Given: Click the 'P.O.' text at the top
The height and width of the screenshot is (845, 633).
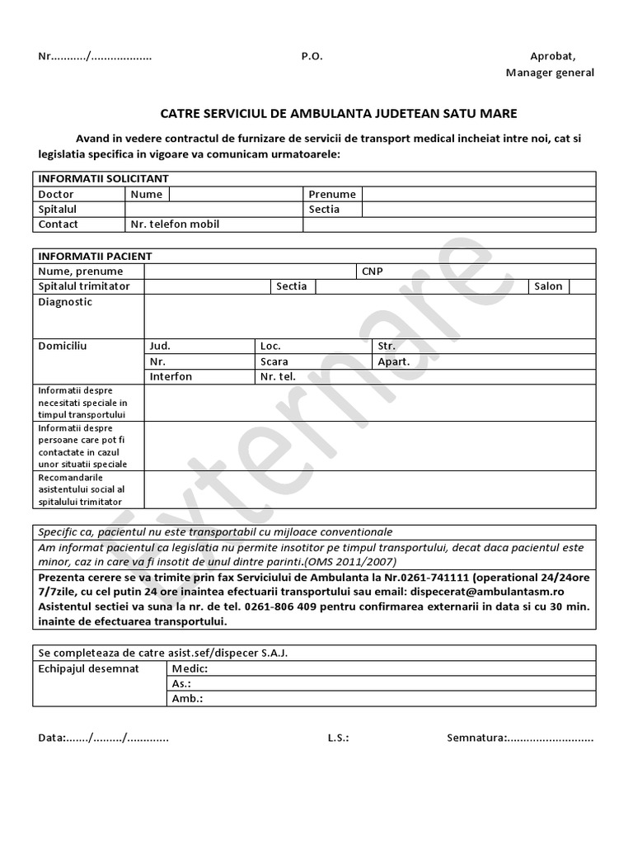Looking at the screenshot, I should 312,56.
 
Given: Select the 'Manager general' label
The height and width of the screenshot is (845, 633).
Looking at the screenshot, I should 550,72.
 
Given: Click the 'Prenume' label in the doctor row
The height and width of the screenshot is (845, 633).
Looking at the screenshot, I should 332,194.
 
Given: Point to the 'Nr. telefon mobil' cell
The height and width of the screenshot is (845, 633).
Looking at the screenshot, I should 175,224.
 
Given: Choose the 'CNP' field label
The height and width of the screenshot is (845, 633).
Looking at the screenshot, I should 373,271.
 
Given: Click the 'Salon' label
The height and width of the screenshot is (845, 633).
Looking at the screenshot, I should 548,286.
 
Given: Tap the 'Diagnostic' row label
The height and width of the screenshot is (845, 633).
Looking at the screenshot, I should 65,302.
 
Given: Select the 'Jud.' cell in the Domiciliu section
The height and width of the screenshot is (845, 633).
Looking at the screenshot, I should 160,346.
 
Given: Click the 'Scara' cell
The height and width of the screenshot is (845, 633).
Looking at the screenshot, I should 274,361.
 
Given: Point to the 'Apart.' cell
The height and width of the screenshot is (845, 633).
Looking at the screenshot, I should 393,361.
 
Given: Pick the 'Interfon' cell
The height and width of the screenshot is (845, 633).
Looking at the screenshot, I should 171,376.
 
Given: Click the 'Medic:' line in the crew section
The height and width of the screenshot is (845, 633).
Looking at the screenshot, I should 190,668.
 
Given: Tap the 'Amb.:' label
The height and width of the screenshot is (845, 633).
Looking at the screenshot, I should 187,699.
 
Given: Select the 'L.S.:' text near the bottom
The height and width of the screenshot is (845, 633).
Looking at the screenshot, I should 338,738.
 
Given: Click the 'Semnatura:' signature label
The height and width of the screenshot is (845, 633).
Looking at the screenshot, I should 476,738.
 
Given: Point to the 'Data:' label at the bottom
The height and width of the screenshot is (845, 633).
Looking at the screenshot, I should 53,738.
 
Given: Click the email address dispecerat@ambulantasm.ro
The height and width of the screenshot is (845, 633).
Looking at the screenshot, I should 486,592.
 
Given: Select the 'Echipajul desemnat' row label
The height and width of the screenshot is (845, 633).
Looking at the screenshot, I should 89,668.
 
